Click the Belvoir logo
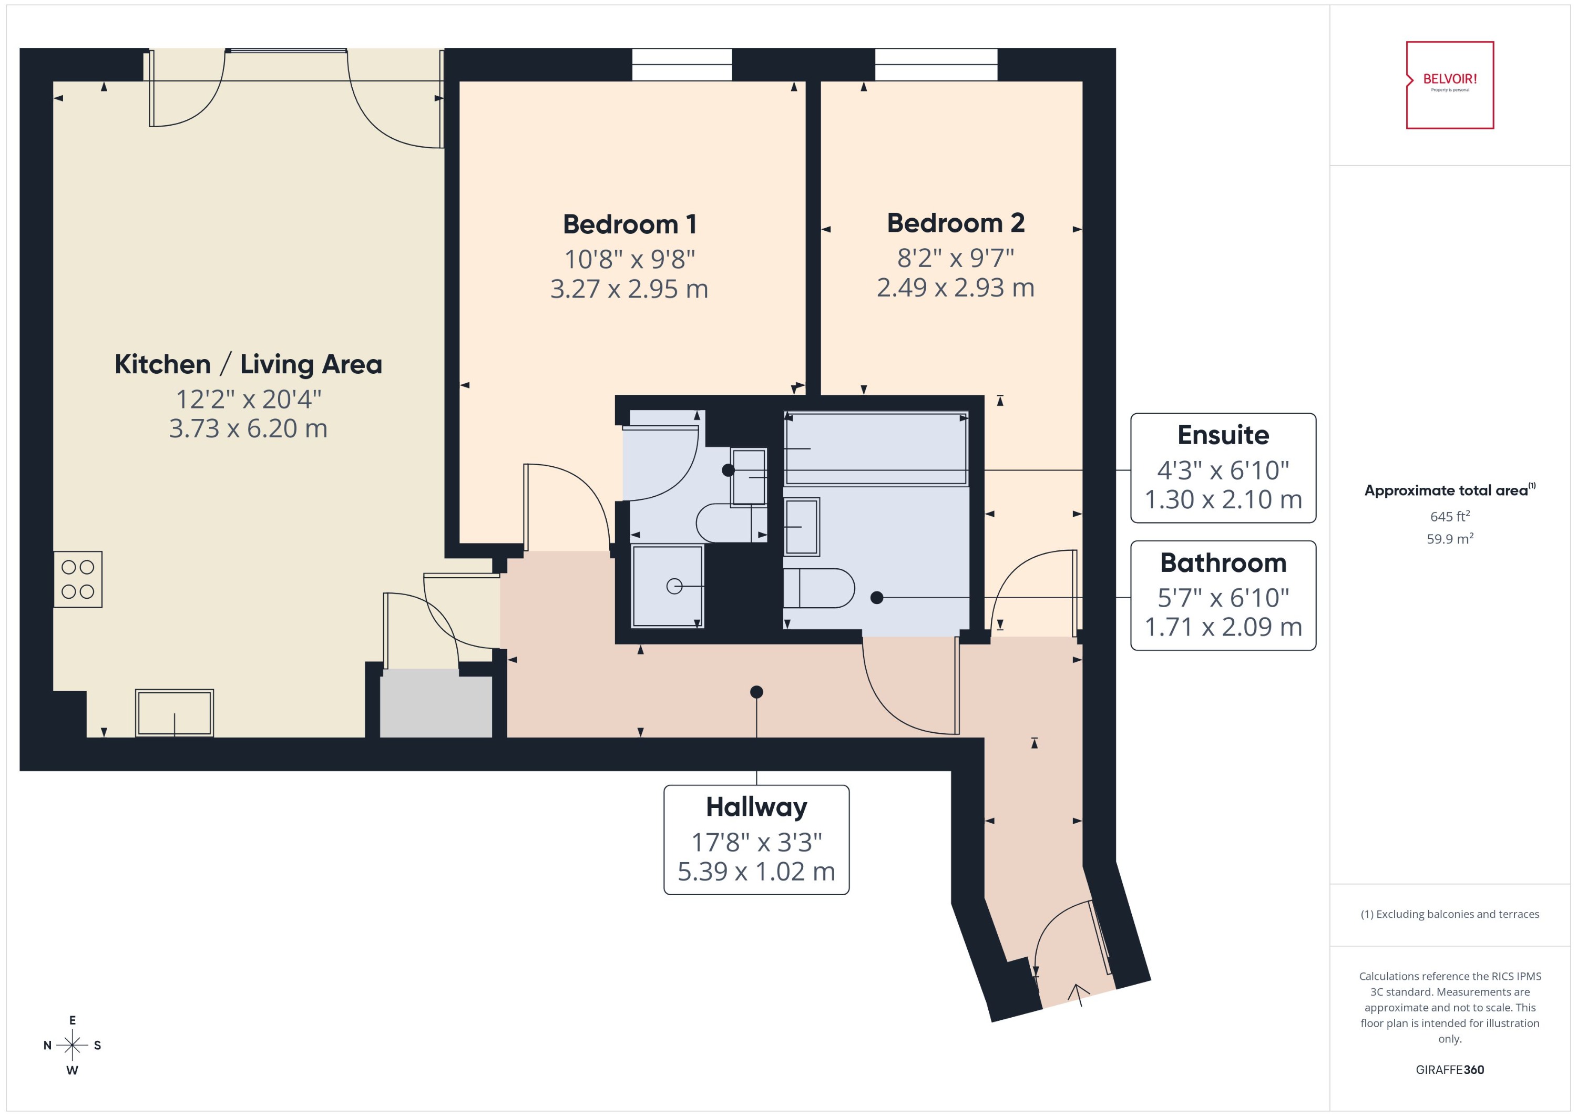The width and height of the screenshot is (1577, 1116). (1449, 85)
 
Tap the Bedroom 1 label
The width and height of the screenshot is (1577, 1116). (629, 224)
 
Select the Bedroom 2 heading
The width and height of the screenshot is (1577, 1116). (955, 223)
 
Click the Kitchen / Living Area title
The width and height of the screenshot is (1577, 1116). (248, 364)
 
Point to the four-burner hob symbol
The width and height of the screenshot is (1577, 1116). (78, 579)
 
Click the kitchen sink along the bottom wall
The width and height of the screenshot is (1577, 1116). (175, 713)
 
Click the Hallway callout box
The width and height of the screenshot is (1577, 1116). (756, 839)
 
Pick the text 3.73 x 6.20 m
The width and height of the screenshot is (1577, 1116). (248, 428)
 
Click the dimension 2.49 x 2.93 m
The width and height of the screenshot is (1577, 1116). (955, 287)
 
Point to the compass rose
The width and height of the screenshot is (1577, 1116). (72, 1045)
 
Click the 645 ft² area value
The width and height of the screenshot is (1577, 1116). (1449, 516)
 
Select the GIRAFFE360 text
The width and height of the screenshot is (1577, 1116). (1449, 1069)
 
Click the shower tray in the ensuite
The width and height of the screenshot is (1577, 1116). (667, 586)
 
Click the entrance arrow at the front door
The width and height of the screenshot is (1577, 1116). (1078, 995)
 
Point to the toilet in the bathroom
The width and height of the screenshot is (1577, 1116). (819, 588)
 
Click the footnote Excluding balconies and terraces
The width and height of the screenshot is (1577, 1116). (1449, 914)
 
